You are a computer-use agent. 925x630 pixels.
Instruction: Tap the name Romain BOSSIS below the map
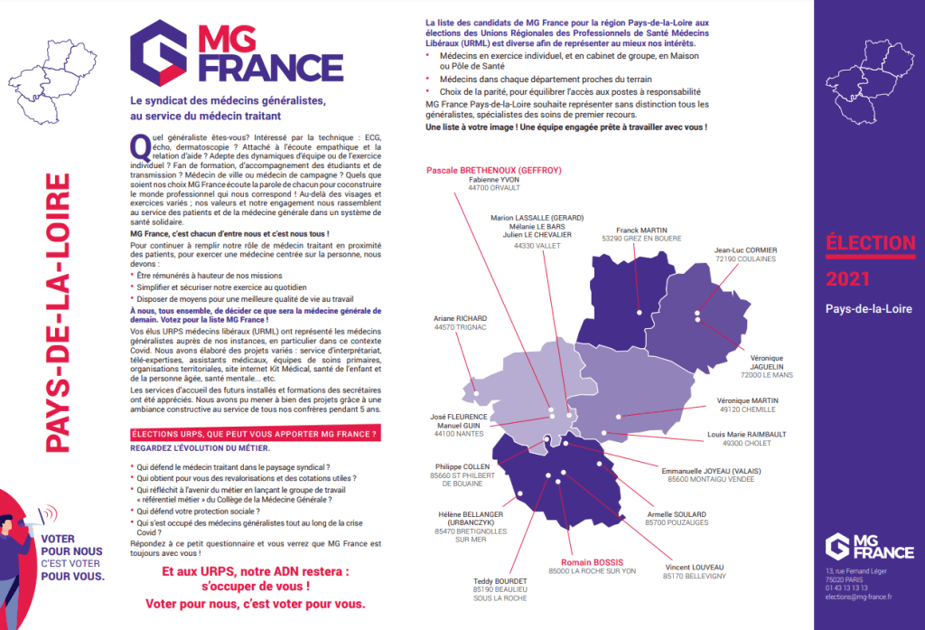point(593,561)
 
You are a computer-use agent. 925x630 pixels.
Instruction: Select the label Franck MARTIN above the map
point(642,230)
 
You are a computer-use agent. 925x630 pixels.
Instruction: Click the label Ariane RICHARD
point(461,318)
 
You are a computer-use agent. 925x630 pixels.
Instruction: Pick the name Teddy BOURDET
point(500,580)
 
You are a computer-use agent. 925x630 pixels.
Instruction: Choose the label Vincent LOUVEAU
point(694,567)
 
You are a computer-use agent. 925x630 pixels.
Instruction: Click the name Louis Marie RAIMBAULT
point(746,434)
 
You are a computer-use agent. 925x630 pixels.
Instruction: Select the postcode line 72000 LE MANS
point(764,374)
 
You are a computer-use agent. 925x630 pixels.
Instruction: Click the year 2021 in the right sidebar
point(848,280)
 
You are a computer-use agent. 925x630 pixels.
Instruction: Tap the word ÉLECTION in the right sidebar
point(870,242)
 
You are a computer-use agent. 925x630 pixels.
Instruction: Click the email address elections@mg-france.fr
point(858,597)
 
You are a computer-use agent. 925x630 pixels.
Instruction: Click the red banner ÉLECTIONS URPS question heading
point(255,435)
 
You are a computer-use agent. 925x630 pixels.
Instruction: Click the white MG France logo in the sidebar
point(869,545)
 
